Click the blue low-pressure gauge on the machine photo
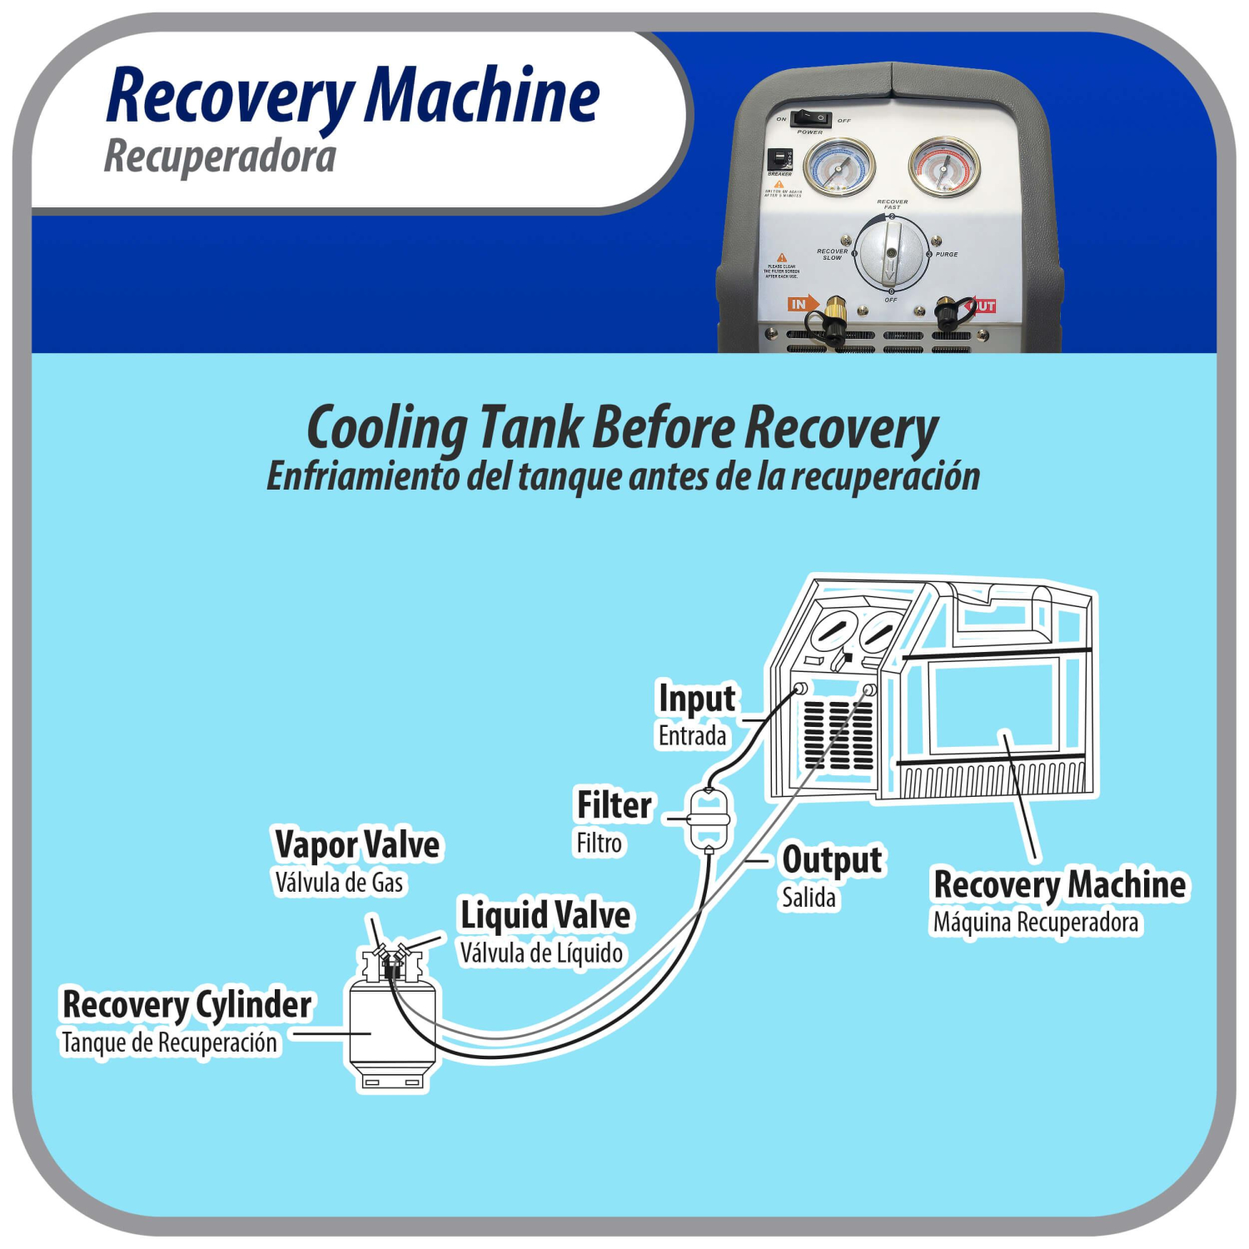(838, 166)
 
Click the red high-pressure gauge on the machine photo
(943, 166)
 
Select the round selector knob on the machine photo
(891, 253)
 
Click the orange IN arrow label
(802, 304)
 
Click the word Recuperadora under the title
(220, 157)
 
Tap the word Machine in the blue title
(482, 97)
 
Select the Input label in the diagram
(696, 699)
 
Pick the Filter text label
(615, 805)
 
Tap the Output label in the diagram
(831, 860)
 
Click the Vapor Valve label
(357, 844)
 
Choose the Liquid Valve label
(545, 915)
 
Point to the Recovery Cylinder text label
(187, 1004)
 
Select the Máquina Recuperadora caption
(1036, 923)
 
